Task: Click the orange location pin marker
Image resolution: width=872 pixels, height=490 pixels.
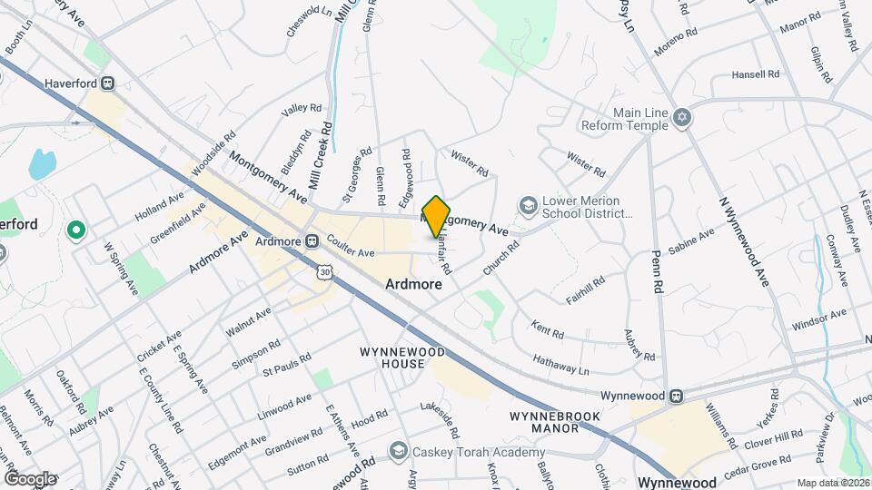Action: pos(436,216)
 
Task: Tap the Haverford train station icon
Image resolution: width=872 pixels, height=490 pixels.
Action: pos(108,83)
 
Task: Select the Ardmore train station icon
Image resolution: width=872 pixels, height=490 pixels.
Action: pos(311,242)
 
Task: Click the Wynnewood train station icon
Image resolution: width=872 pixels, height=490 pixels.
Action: pos(676,396)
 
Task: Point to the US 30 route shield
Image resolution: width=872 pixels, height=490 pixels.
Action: pos(325,271)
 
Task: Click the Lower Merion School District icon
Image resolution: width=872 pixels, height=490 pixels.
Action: pos(527,206)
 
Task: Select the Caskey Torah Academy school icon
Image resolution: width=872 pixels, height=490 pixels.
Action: pos(398,451)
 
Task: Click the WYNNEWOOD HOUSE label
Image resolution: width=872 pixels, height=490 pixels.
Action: pos(392,358)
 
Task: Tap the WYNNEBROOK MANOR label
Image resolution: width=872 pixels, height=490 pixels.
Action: pos(542,421)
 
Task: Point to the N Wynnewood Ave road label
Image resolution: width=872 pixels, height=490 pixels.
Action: pos(745,243)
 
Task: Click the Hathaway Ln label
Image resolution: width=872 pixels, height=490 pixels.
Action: pos(560,365)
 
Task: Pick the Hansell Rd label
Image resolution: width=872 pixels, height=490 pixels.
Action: pos(756,73)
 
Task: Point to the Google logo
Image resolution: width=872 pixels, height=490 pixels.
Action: pos(29,478)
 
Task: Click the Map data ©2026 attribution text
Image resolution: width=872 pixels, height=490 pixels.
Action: pos(832,483)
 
